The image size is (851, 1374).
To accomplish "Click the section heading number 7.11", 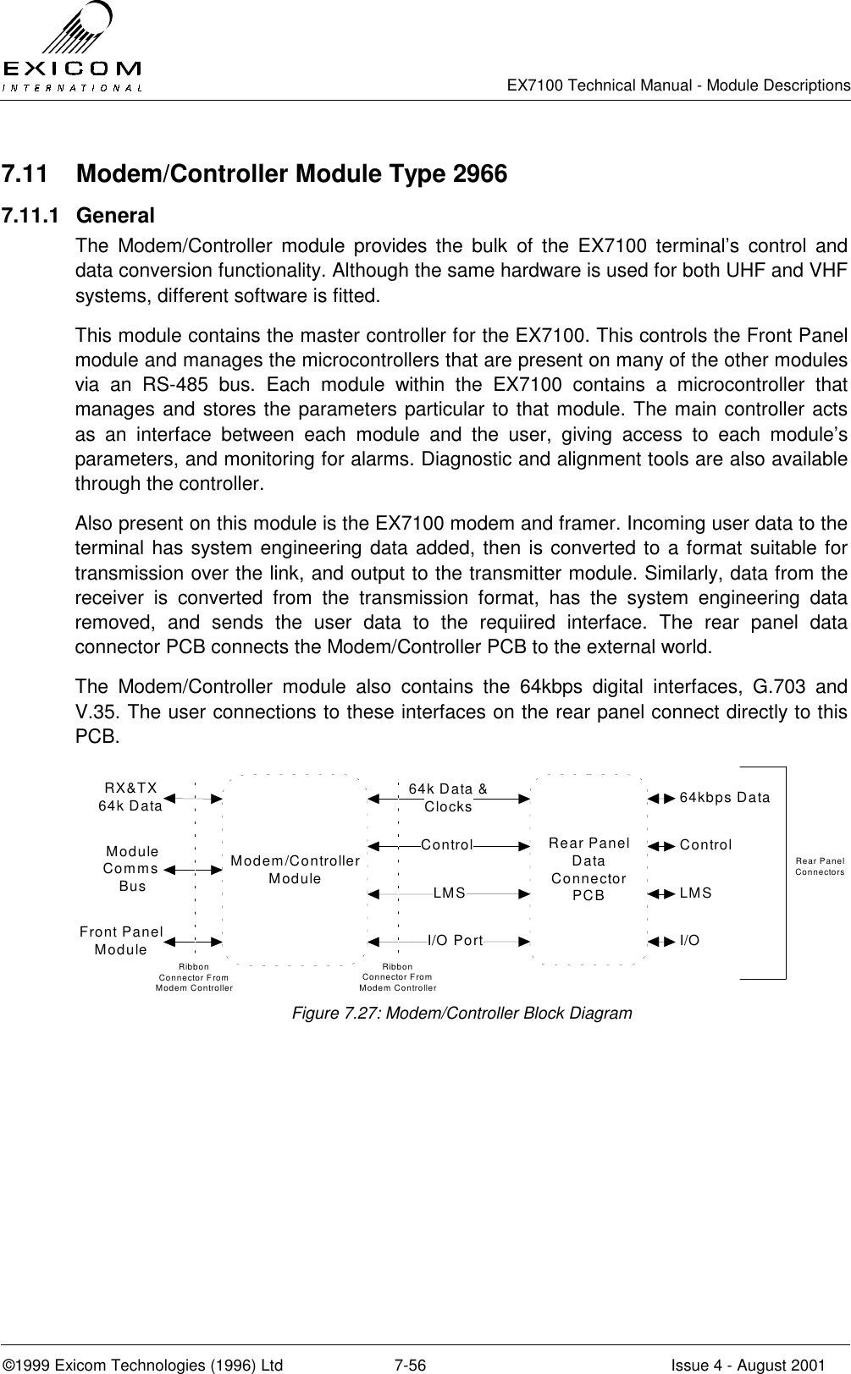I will click(24, 175).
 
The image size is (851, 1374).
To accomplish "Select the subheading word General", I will click(115, 216).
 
